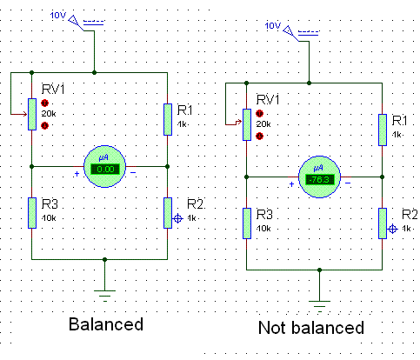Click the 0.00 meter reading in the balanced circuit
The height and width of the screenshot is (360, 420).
pyautogui.click(x=105, y=170)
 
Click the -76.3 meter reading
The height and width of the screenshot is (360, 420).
pyautogui.click(x=320, y=180)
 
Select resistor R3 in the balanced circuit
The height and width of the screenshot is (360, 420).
pyautogui.click(x=32, y=213)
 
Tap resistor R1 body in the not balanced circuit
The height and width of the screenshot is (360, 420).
pyautogui.click(x=383, y=130)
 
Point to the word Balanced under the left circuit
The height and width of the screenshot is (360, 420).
pyautogui.click(x=106, y=324)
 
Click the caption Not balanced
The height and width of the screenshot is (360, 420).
pyautogui.click(x=311, y=328)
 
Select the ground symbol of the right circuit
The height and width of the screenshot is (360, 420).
pyautogui.click(x=320, y=306)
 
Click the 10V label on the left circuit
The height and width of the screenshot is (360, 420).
pyautogui.click(x=58, y=15)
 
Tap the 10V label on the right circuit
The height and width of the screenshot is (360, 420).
pyautogui.click(x=273, y=26)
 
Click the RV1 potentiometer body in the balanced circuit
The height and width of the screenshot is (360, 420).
pyautogui.click(x=32, y=114)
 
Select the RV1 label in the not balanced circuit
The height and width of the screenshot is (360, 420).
pyautogui.click(x=268, y=100)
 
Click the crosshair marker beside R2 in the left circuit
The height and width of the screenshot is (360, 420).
pyautogui.click(x=178, y=218)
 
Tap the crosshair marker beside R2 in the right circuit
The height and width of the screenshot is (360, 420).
pyautogui.click(x=393, y=229)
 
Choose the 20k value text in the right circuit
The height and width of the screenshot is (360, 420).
pyautogui.click(x=263, y=124)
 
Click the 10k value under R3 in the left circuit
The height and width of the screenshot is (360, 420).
pyautogui.click(x=49, y=218)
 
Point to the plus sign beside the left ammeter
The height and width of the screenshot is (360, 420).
pyautogui.click(x=77, y=174)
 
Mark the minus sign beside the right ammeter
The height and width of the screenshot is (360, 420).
pyautogui.click(x=348, y=183)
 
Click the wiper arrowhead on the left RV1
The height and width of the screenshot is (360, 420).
pyautogui.click(x=25, y=114)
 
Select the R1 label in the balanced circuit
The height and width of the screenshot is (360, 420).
pyautogui.click(x=185, y=110)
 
